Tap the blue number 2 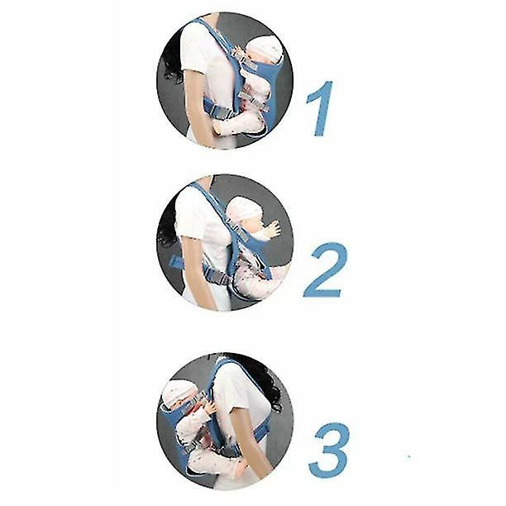pyautogui.click(x=324, y=270)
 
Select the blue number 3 pyautogui.click(x=329, y=450)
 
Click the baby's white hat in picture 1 pyautogui.click(x=268, y=49)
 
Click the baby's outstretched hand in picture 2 pyautogui.click(x=274, y=228)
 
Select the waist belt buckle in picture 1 pyautogui.click(x=222, y=112)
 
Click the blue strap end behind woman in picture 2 pyautogui.click(x=177, y=260)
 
